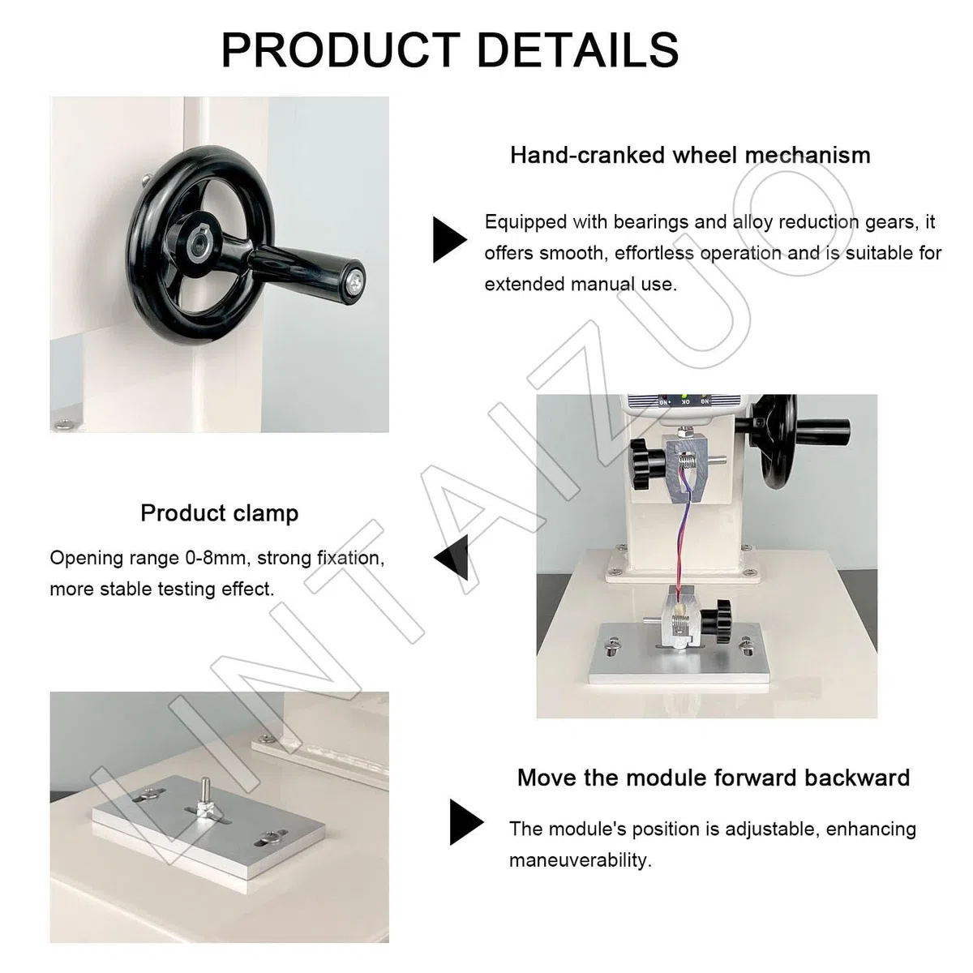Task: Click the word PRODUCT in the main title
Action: tap(341, 49)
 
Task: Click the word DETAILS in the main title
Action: tap(577, 49)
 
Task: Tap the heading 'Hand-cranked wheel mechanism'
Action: tap(690, 155)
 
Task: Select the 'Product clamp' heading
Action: tap(220, 513)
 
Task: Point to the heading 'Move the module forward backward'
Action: tap(714, 778)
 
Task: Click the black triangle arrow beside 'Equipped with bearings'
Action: tap(449, 240)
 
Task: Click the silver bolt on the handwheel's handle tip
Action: tap(356, 281)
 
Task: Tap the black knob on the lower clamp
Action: tap(717, 621)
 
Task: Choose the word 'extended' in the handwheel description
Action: tap(525, 285)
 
